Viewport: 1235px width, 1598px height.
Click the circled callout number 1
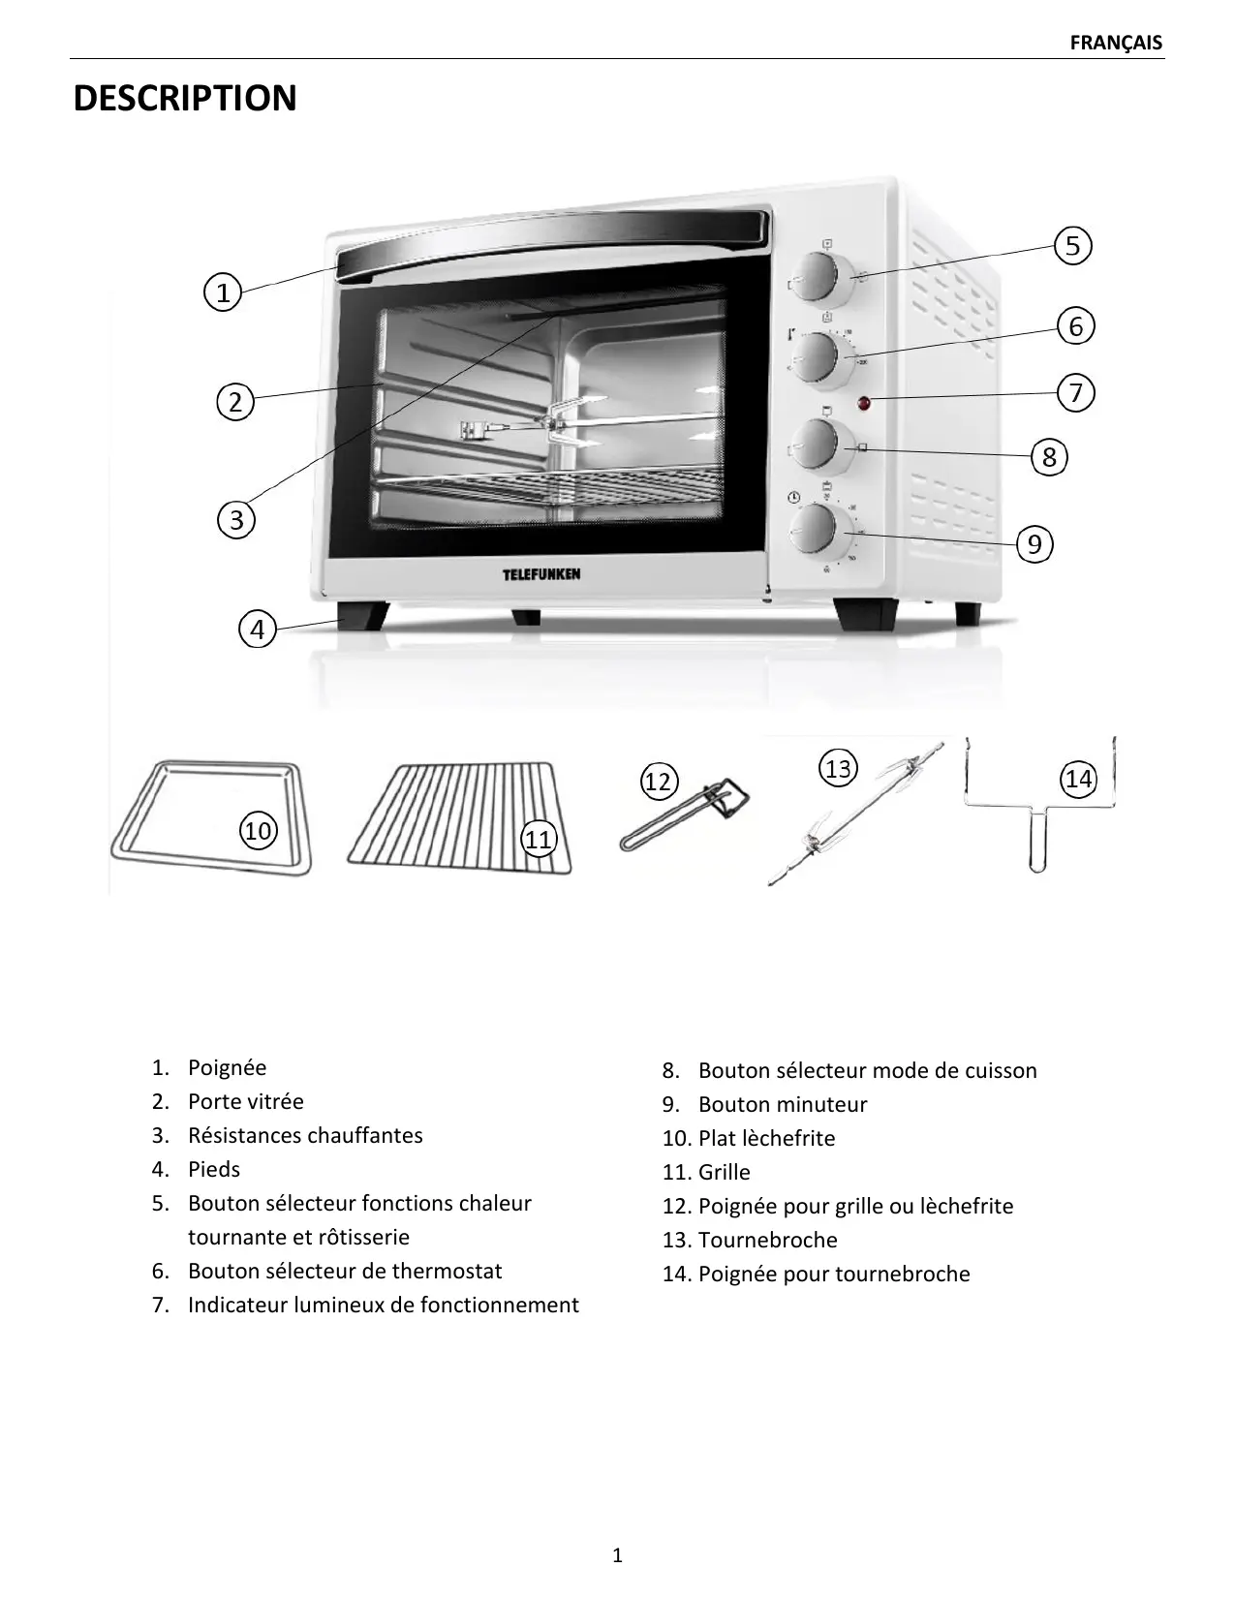pos(223,292)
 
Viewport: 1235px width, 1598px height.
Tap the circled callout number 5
pos(1072,246)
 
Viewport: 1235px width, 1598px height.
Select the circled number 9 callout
pos(1034,544)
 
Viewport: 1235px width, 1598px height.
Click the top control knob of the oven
pos(818,277)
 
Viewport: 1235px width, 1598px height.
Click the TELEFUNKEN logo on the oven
pos(541,574)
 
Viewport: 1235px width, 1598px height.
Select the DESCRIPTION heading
pos(185,99)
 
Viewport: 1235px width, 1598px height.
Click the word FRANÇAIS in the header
pos(1116,43)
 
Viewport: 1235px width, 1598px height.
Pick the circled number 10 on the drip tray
pos(258,830)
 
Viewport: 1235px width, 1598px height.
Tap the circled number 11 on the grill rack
pos(539,839)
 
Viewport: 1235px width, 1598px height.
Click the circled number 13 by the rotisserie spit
pos(838,768)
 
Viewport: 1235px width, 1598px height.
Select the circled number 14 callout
pos(1078,779)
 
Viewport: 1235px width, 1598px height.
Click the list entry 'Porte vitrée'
pos(245,1101)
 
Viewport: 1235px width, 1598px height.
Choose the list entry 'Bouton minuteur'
pos(782,1104)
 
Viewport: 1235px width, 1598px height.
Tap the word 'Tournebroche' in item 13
pos(767,1240)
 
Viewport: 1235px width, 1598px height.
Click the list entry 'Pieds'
pos(213,1169)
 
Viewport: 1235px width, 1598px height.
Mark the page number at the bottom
pos(618,1555)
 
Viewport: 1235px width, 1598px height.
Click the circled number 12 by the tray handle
pos(658,781)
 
